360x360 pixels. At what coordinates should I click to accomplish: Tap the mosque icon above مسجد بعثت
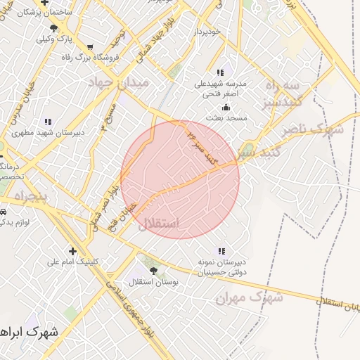pos(226,108)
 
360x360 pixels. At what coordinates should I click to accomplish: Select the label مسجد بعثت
pos(226,117)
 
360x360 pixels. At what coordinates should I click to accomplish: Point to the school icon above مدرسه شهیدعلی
pos(221,72)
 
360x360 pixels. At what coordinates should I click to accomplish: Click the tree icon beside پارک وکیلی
pos(54,28)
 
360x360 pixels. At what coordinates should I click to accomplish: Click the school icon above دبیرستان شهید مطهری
pos(48,122)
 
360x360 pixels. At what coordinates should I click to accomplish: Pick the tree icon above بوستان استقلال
pos(154,270)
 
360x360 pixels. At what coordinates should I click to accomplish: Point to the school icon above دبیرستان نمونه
pos(221,251)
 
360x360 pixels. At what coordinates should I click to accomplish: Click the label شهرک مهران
pos(250,298)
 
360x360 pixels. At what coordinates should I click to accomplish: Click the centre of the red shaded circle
pos(180,179)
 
